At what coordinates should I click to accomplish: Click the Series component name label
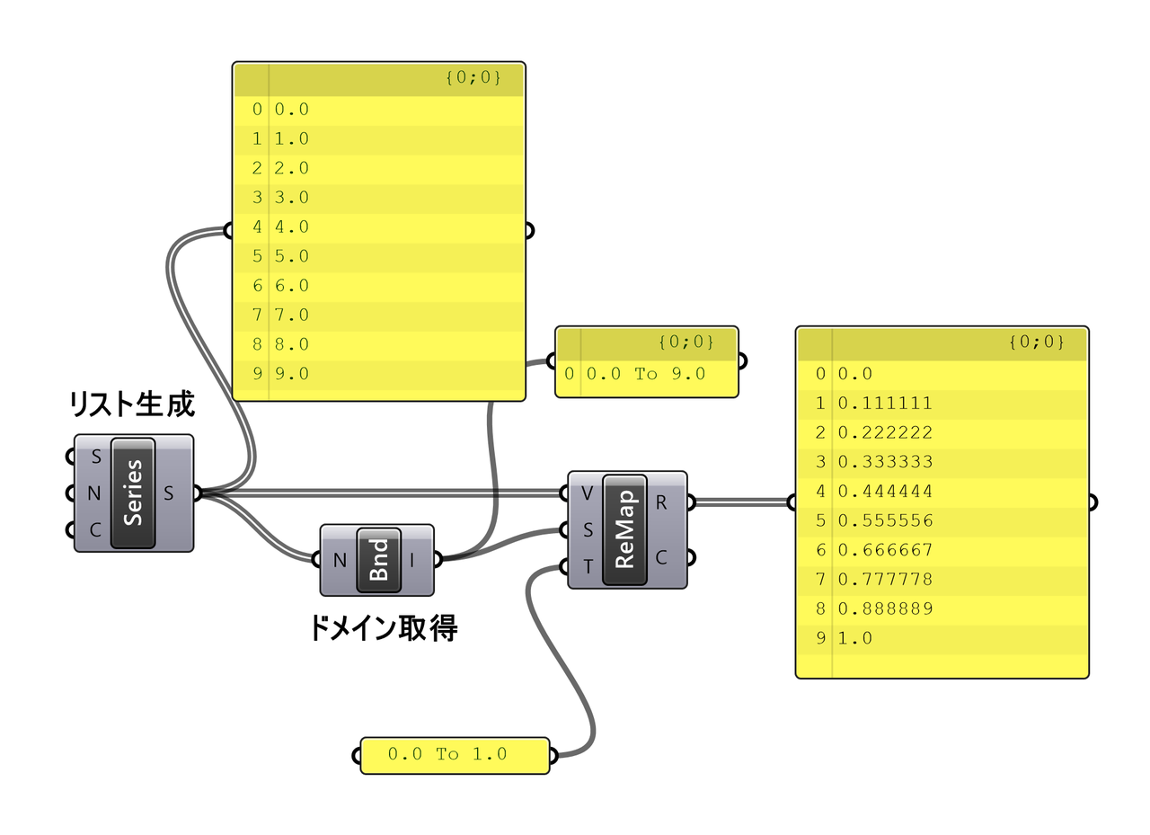[x=133, y=493]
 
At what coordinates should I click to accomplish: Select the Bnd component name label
[x=378, y=560]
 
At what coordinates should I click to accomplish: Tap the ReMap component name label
[x=624, y=529]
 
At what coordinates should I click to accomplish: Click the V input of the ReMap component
[x=587, y=493]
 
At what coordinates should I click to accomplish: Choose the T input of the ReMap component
[x=587, y=567]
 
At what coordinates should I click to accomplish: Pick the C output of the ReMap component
[x=661, y=557]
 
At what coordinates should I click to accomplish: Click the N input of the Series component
[x=93, y=493]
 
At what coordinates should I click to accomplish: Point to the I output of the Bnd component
[x=412, y=560]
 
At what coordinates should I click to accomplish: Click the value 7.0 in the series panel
[x=292, y=315]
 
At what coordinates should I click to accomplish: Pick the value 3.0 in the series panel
[x=292, y=197]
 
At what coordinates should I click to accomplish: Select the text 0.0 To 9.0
[x=646, y=374]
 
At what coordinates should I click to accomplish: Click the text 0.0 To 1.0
[x=447, y=754]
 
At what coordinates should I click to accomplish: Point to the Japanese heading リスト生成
[x=132, y=404]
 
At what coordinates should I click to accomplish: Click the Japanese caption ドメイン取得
[x=383, y=628]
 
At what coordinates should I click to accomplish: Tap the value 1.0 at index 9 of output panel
[x=855, y=638]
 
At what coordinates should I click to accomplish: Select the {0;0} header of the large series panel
[x=473, y=78]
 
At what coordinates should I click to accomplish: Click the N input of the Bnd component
[x=340, y=560]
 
